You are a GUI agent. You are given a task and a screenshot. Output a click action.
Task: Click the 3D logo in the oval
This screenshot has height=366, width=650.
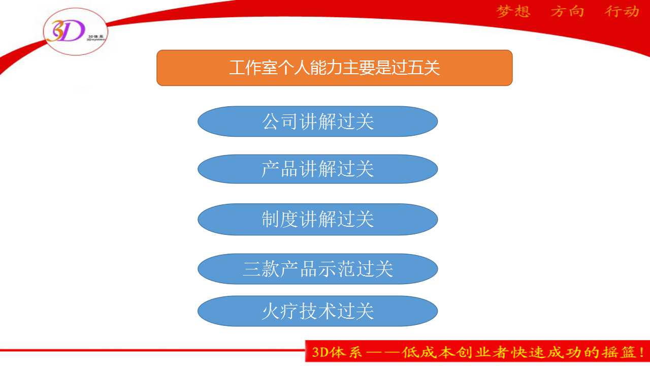pyautogui.click(x=66, y=31)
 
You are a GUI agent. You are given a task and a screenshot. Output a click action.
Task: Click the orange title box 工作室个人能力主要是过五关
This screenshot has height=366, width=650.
pyautogui.click(x=334, y=68)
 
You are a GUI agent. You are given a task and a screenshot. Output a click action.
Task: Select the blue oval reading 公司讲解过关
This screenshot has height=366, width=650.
pyautogui.click(x=317, y=121)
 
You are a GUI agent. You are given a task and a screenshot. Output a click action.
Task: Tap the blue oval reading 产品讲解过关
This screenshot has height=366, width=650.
pyautogui.click(x=317, y=169)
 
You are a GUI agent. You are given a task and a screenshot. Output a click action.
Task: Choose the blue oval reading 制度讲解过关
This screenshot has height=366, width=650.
pyautogui.click(x=317, y=219)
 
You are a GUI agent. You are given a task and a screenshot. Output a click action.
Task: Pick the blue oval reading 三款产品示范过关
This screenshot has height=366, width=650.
pyautogui.click(x=317, y=269)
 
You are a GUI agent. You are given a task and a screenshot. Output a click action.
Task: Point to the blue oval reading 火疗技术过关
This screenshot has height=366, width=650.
pyautogui.click(x=317, y=311)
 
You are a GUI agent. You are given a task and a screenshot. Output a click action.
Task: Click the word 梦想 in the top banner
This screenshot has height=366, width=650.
pyautogui.click(x=513, y=12)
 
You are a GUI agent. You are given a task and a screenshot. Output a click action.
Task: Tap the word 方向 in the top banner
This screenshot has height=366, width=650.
pyautogui.click(x=567, y=12)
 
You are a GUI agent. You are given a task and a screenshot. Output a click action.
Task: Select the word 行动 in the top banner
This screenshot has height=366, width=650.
pyautogui.click(x=622, y=12)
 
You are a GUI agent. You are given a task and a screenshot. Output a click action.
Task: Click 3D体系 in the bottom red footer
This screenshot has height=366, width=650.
pyautogui.click(x=337, y=352)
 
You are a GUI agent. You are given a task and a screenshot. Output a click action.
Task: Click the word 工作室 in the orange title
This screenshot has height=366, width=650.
pyautogui.click(x=253, y=68)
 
